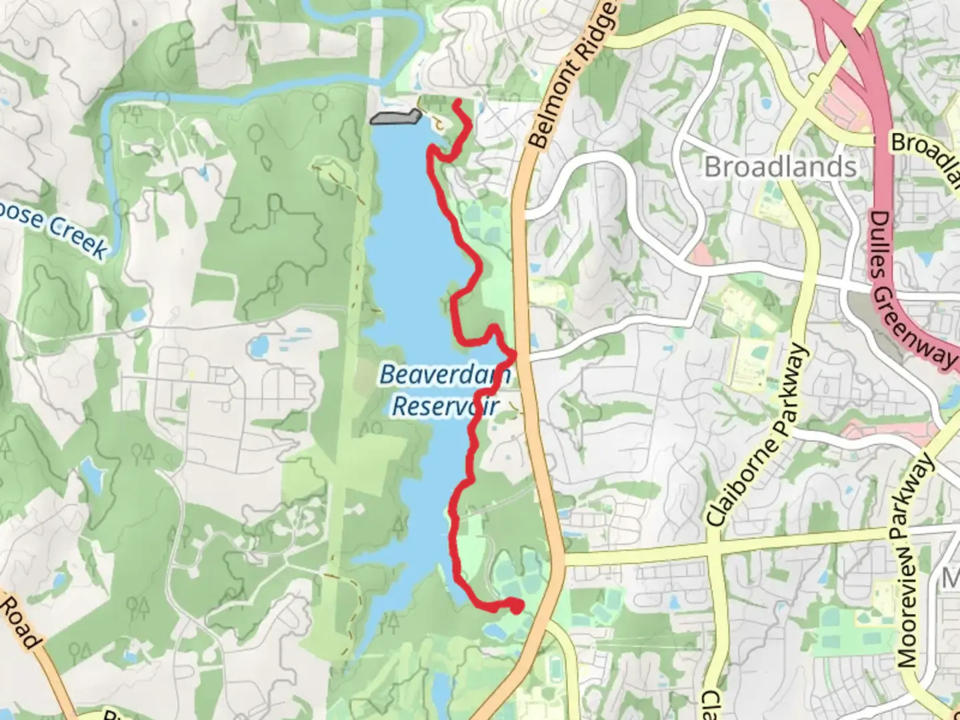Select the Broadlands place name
(780, 167)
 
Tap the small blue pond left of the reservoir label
(258, 346)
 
